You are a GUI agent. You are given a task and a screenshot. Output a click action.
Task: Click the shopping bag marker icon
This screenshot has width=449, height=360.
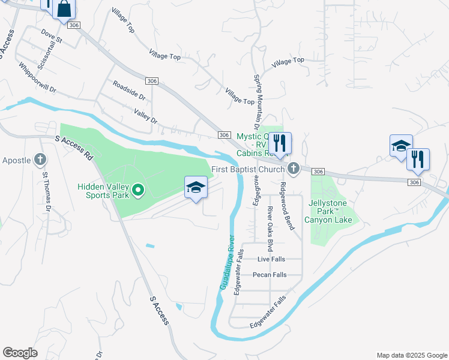64,10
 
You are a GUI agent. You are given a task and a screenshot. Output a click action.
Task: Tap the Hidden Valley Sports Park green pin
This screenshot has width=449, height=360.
137,191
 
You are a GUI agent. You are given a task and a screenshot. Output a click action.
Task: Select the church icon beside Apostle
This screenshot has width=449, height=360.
40,160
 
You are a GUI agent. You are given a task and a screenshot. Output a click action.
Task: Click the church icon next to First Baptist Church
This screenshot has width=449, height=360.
293,169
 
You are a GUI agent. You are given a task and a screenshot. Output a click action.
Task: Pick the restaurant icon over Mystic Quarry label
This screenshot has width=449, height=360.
279,143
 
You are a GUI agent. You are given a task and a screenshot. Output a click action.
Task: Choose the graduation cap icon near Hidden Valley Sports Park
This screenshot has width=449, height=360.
196,188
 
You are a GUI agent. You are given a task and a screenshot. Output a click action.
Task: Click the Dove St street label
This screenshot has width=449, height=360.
52,35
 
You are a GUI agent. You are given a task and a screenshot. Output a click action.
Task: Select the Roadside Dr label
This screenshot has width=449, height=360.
129,91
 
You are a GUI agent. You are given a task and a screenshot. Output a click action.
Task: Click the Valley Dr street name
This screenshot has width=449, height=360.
145,116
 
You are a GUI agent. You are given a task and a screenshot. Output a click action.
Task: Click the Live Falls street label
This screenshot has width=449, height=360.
271,259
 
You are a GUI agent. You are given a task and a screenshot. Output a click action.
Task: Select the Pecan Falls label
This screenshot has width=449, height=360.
270,275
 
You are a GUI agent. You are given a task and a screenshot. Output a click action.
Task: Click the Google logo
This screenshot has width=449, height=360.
20,353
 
